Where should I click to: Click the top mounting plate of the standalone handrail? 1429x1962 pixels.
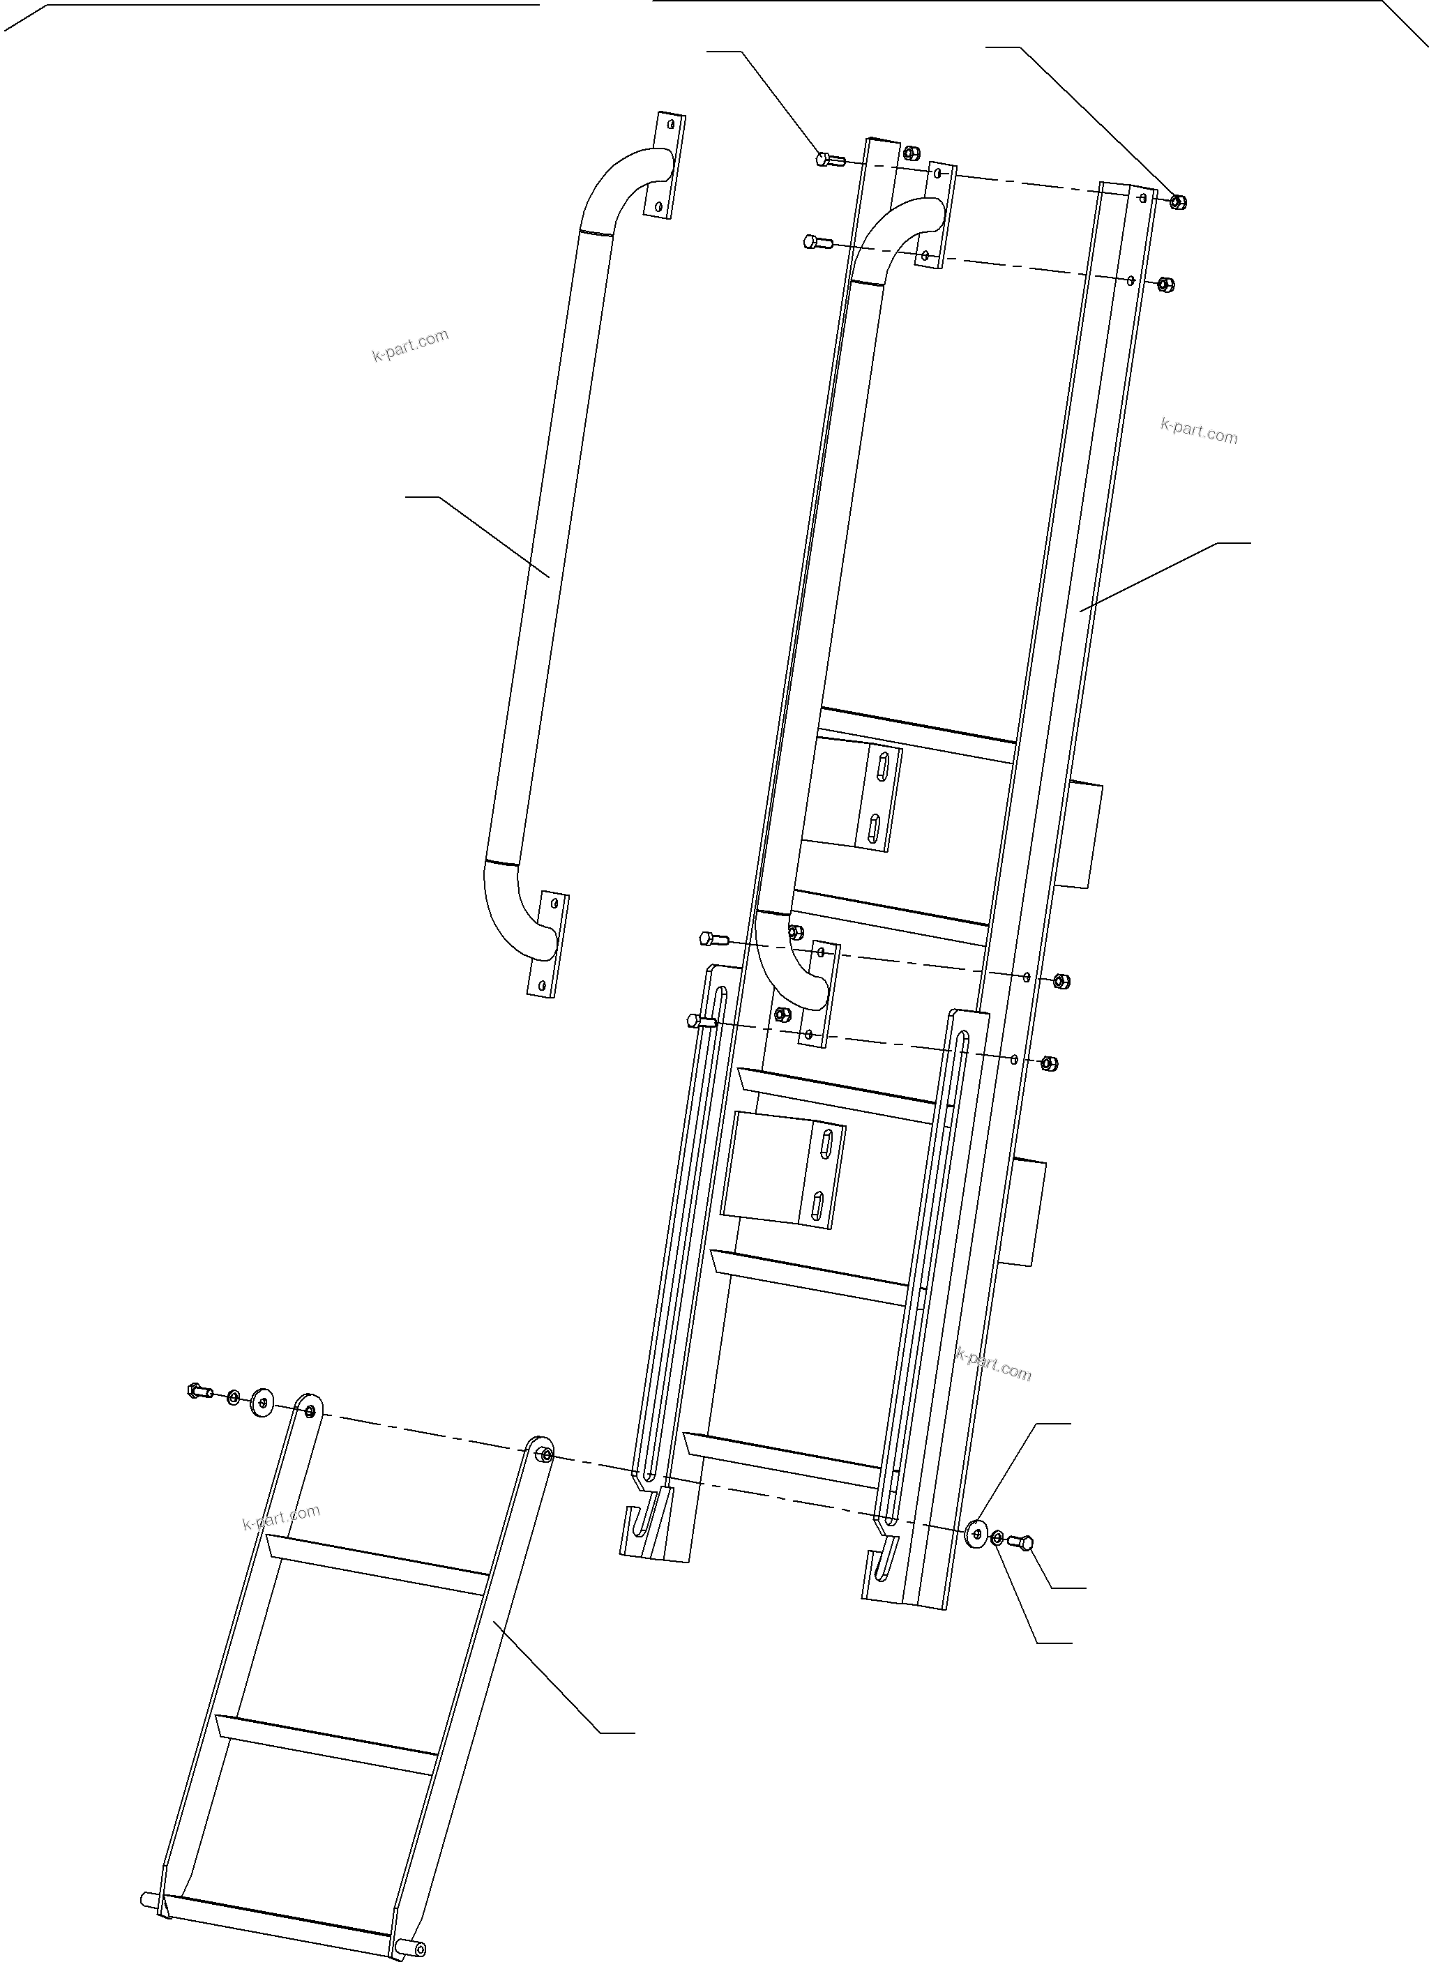click(x=665, y=165)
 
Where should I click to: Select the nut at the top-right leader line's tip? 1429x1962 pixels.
click(x=1177, y=201)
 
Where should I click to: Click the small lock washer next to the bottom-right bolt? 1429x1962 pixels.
click(x=997, y=1537)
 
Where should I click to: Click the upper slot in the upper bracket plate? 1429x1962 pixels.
click(x=883, y=768)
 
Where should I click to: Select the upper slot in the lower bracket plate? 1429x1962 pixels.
click(x=826, y=1139)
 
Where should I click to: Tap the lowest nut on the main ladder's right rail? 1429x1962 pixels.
click(x=1048, y=1063)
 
